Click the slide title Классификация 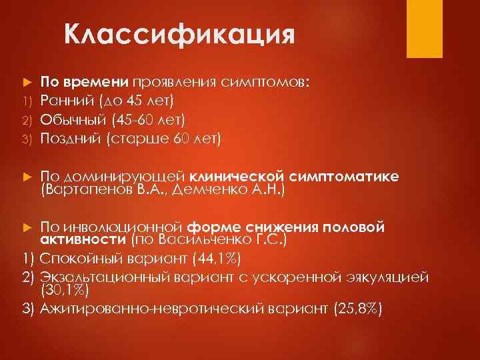[179, 33]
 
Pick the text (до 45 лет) [137, 101]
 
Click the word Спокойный [80, 259]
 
